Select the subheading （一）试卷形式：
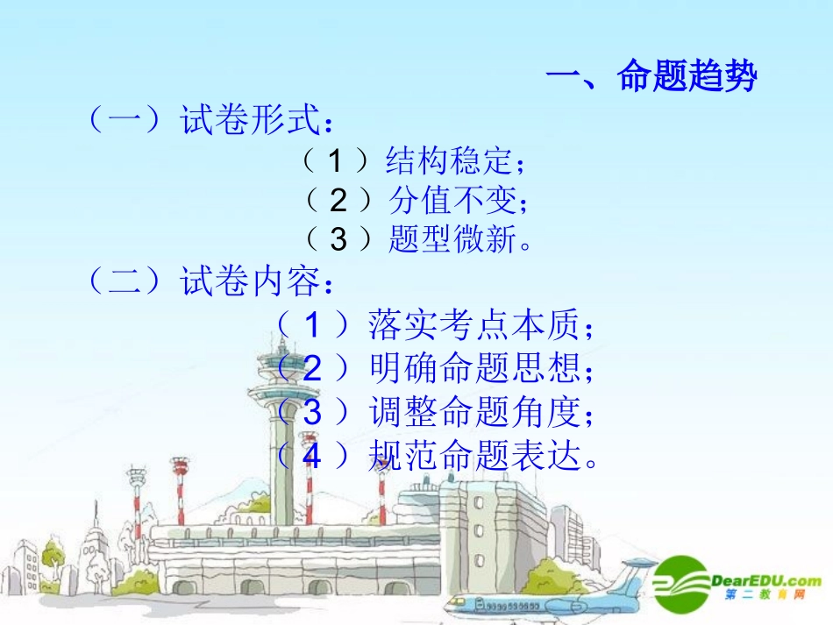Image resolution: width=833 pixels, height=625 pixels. (210, 121)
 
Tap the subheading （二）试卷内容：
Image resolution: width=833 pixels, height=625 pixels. (210, 283)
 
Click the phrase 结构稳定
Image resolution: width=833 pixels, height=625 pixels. (447, 161)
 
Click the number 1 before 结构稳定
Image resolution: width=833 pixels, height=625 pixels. (335, 161)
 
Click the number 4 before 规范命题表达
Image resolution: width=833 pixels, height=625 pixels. (312, 454)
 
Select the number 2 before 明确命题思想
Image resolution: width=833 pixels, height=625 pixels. (312, 368)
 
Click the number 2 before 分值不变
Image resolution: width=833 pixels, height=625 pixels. (338, 202)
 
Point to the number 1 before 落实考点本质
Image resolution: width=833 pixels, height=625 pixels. (312, 326)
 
